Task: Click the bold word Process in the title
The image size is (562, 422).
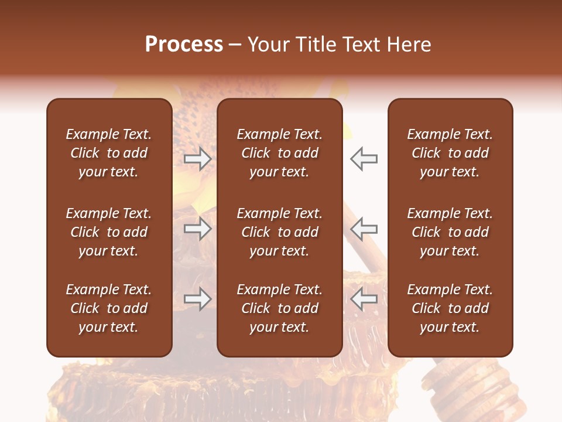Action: pos(184,45)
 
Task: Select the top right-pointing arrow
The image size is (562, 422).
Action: pos(197,158)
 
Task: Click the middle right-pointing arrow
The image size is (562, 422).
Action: pos(197,229)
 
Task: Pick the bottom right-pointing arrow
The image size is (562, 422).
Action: pos(197,299)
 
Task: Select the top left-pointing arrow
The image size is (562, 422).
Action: pos(364,158)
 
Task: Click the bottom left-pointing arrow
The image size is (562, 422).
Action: pos(364,299)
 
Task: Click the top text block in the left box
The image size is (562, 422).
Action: pos(109,153)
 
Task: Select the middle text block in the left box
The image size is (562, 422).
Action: pos(109,232)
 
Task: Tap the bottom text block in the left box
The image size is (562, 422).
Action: pos(109,308)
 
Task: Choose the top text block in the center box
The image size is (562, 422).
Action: pos(279,153)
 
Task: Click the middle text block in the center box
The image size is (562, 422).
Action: pos(279,232)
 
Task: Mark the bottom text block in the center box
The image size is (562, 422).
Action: pos(279,308)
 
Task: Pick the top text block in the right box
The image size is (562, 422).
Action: pos(450,153)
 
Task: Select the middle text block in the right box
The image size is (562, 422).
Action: pos(450,232)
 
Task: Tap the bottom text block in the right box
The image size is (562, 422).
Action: pos(450,308)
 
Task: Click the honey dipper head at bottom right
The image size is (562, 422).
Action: pos(468,387)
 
